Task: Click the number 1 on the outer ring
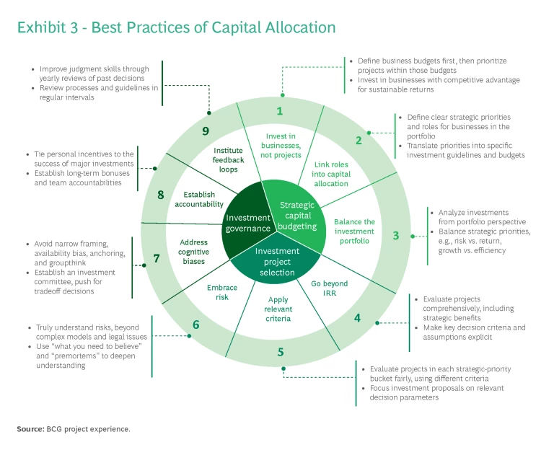click(280, 112)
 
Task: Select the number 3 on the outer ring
click(395, 235)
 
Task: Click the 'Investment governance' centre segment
click(248, 223)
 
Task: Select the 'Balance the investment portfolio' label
click(354, 231)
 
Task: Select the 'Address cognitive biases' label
click(194, 252)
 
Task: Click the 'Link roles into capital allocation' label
click(331, 174)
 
